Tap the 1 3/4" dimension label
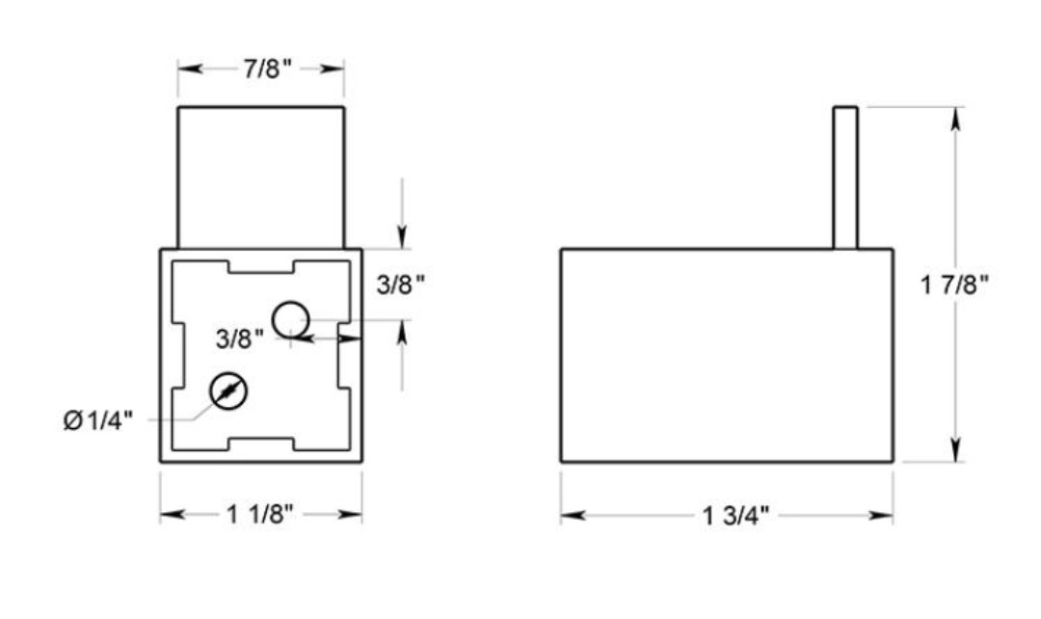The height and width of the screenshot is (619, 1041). (x=736, y=517)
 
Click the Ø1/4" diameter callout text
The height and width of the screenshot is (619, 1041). (x=98, y=421)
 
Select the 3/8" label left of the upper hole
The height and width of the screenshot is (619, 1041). (x=239, y=338)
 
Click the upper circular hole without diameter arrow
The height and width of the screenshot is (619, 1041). (x=290, y=318)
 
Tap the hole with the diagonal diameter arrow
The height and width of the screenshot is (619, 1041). (x=228, y=390)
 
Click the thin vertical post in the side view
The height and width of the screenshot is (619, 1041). (x=845, y=177)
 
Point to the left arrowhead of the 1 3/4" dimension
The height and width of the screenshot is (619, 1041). (x=571, y=516)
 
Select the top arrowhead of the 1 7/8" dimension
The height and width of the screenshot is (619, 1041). (x=955, y=117)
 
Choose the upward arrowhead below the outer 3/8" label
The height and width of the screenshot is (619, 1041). (x=403, y=330)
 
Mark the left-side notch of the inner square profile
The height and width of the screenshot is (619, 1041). (x=177, y=356)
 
